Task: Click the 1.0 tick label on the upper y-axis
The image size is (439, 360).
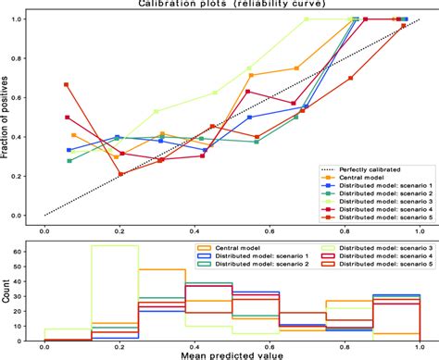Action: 28,19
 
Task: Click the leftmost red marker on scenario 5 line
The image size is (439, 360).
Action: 67,84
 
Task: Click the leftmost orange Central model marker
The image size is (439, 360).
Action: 74,135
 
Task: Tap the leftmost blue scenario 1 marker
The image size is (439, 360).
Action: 69,150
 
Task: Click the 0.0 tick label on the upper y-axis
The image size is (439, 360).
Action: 28,215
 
